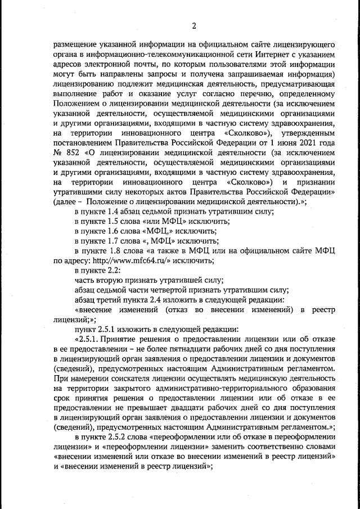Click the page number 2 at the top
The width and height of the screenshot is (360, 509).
coord(193,25)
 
